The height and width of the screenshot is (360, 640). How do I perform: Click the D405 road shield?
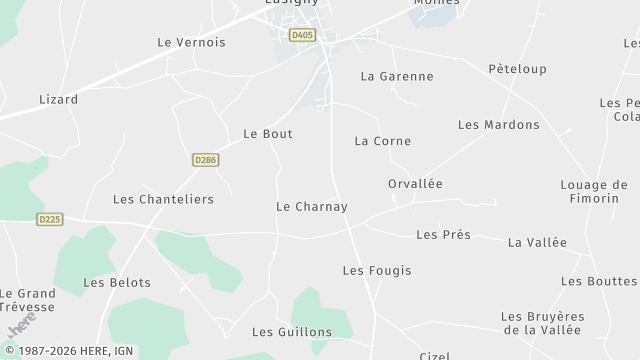301,35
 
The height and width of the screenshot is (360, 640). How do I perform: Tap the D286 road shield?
205,159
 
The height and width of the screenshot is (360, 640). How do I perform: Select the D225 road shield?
49,219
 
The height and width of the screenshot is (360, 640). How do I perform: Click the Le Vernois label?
192,43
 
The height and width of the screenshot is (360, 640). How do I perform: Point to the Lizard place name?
58,100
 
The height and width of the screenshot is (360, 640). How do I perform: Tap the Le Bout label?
268,134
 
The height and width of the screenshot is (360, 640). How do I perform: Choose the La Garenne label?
397,76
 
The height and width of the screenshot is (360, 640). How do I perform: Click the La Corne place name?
382,141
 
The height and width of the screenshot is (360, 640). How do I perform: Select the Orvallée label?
415,184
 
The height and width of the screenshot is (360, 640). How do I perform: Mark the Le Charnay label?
311,207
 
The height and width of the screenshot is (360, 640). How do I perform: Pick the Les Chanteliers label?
163,199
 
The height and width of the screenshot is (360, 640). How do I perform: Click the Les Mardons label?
498,125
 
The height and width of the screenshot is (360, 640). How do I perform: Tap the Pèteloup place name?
517,69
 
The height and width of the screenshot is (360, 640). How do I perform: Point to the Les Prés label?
442,235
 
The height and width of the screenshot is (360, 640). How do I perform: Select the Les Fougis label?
376,271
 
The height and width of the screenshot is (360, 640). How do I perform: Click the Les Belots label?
117,283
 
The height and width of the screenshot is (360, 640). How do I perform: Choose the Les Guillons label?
291,332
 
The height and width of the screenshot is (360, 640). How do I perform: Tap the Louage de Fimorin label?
594,192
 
